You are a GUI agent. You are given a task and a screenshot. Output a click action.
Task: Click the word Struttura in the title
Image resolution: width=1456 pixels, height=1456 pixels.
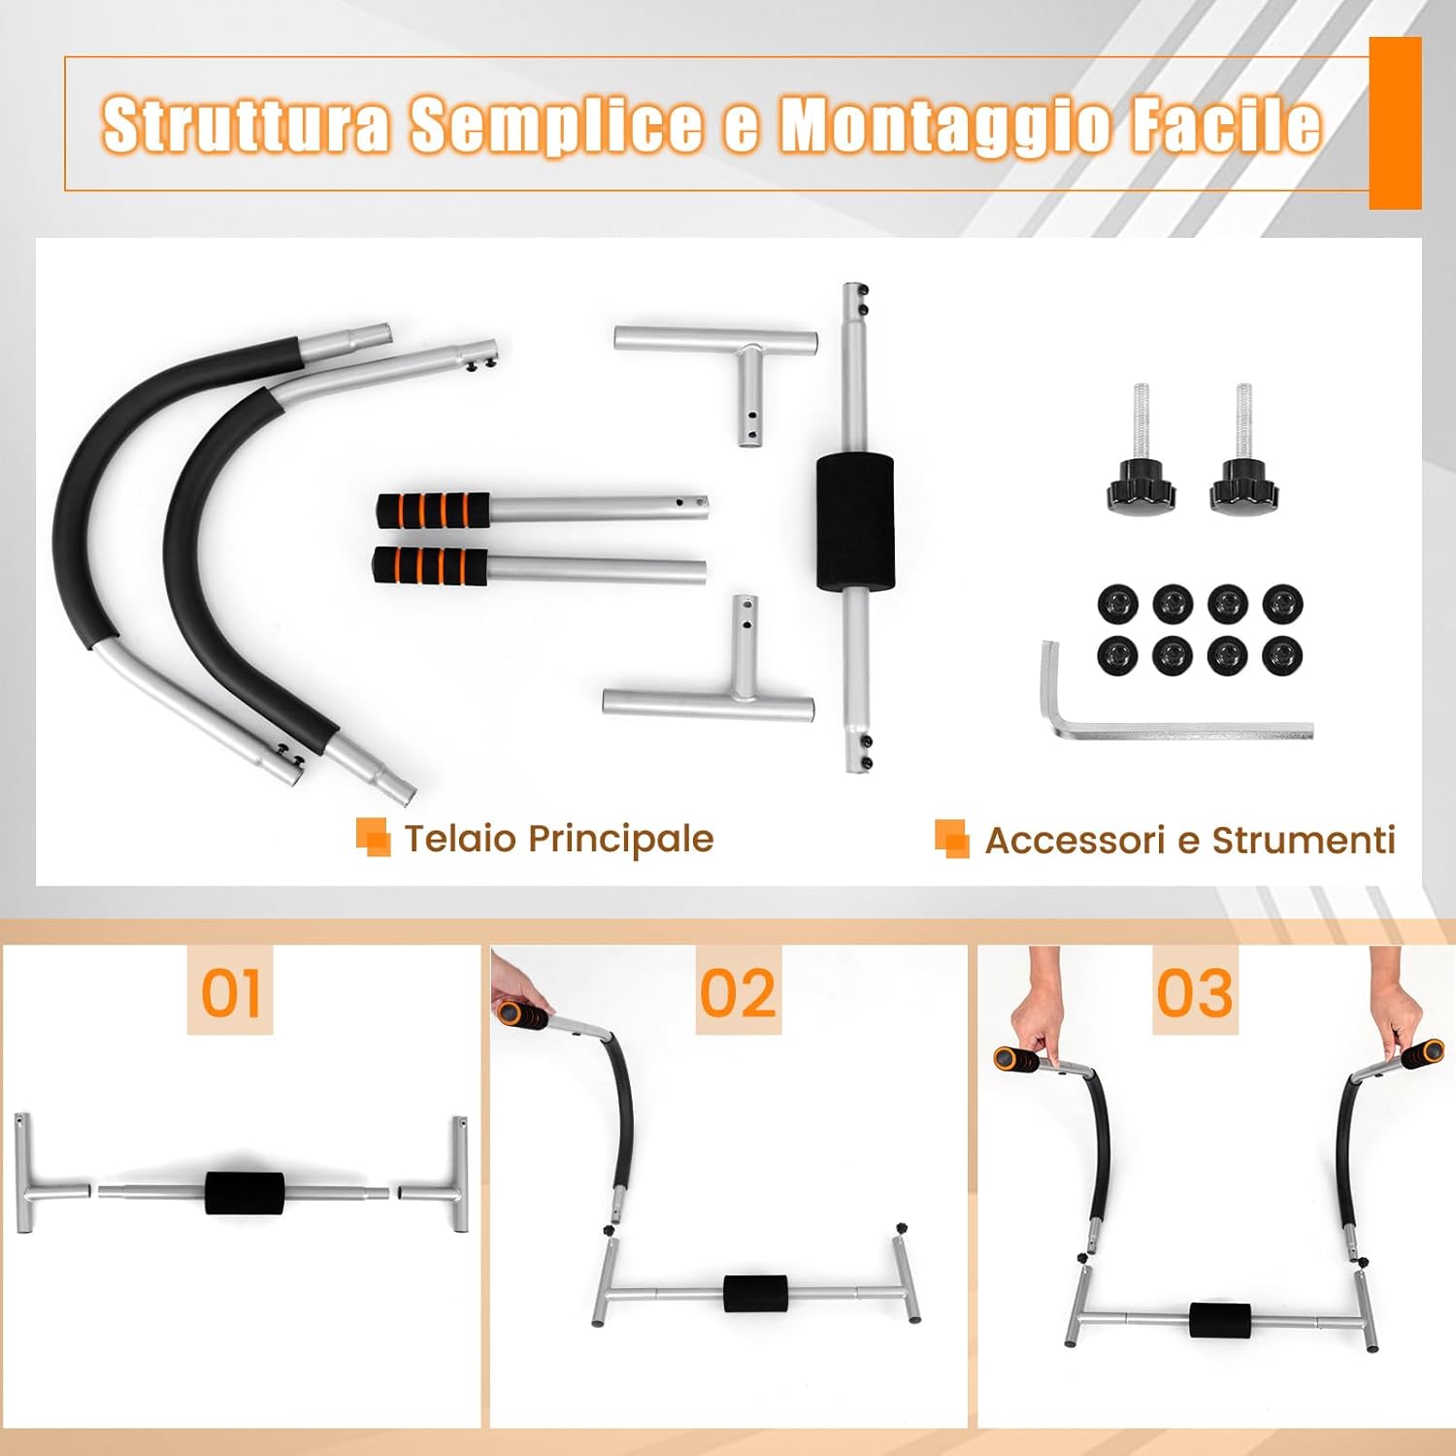coord(247,124)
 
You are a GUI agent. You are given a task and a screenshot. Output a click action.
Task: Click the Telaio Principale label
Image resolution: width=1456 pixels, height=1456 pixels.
coord(558,839)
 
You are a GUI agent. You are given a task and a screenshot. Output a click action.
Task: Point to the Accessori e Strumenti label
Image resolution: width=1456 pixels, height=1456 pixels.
coord(1189,841)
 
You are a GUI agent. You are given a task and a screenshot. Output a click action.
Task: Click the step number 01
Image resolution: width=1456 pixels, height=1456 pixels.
coord(230,993)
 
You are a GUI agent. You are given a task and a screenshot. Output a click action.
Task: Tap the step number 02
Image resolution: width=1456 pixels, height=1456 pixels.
coord(738,993)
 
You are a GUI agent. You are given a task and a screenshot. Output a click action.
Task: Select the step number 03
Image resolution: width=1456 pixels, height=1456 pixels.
coord(1195,993)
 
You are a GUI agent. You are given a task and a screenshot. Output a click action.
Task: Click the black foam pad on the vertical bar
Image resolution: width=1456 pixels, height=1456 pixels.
coord(854,521)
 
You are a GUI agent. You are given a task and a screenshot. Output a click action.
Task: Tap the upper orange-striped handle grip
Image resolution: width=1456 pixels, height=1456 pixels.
coord(434,510)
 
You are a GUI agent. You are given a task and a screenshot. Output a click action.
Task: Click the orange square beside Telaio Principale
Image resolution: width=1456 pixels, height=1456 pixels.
coord(373,838)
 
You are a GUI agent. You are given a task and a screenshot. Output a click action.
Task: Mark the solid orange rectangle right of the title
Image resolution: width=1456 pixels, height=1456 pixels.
coord(1395,123)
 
